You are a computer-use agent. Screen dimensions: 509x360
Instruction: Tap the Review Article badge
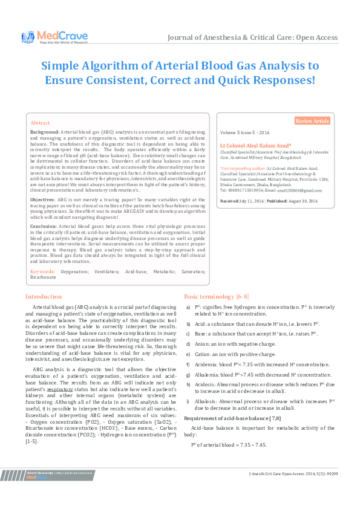(312, 121)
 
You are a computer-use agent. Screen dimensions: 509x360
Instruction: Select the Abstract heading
(40, 122)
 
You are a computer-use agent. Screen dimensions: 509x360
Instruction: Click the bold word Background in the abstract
(44, 131)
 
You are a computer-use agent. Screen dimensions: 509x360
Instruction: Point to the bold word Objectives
(42, 199)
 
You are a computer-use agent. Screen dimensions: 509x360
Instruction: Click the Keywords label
(42, 272)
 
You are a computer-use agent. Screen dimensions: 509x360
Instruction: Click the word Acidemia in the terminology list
(206, 365)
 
